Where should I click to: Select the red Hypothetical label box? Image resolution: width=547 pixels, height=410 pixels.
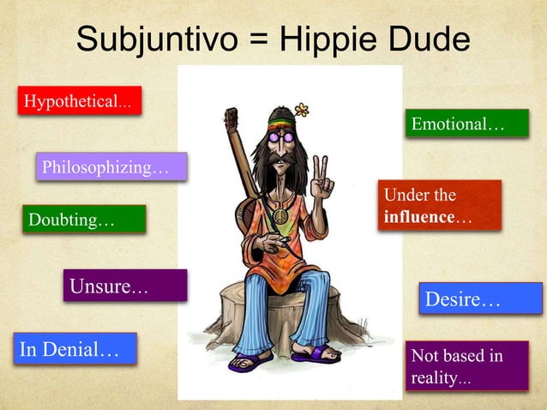point(77,102)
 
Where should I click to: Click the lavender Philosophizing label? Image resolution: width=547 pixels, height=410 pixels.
point(111,166)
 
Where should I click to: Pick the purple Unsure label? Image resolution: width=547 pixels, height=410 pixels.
point(124,286)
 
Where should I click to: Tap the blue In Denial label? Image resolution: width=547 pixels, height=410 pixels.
point(75,348)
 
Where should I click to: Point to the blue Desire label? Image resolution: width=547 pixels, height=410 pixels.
point(480,299)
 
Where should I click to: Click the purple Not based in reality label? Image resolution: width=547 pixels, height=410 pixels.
point(466,366)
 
